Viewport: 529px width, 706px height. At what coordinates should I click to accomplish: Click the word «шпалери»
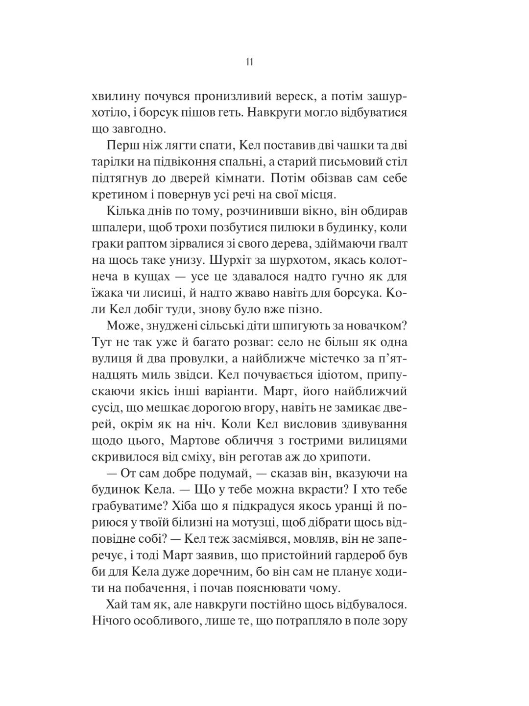[114, 228]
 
